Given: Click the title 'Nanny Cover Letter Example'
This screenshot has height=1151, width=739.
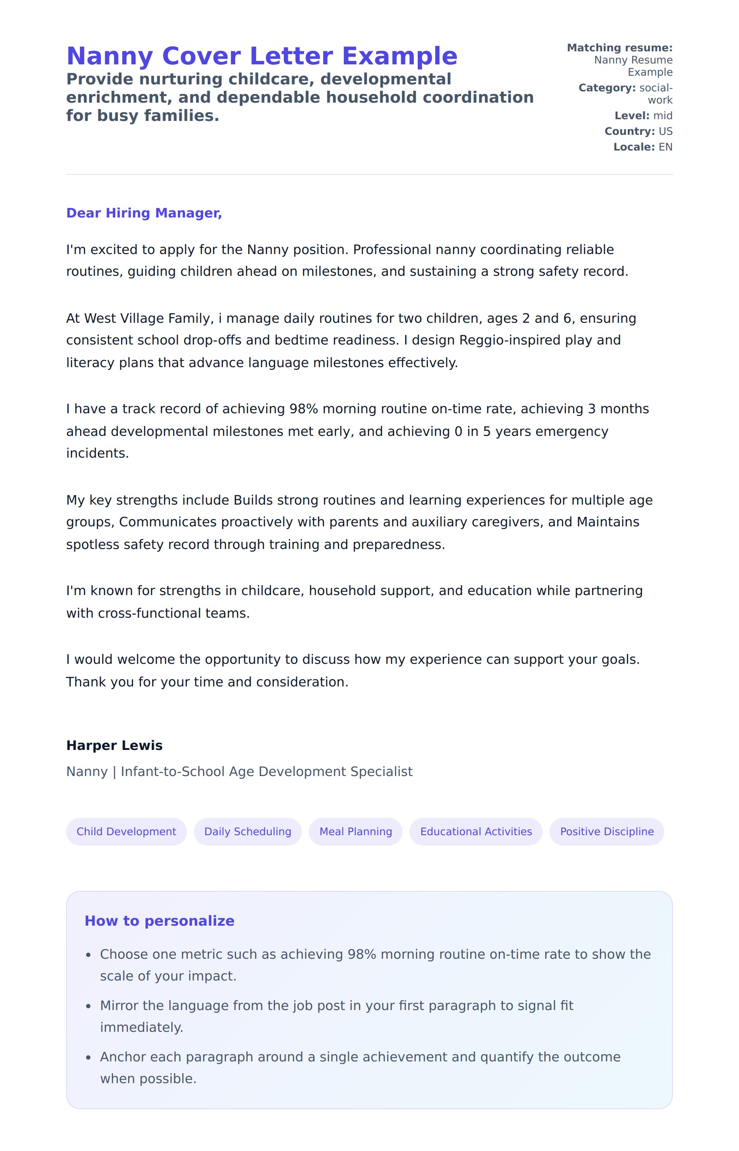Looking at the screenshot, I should (x=262, y=56).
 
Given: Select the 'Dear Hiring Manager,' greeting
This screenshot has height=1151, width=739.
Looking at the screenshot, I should (x=144, y=213).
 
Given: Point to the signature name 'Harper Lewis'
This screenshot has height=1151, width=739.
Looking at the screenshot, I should (x=114, y=745).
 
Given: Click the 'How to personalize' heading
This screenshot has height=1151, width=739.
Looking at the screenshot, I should (x=159, y=920).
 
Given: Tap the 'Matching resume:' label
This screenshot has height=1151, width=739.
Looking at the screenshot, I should (x=619, y=47).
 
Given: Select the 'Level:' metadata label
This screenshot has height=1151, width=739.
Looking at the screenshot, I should (x=632, y=116).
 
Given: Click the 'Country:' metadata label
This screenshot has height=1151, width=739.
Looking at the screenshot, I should (x=629, y=131).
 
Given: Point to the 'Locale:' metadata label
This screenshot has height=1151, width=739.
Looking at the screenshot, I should (x=633, y=147).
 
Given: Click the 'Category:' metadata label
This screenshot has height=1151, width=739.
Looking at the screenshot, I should (x=606, y=88).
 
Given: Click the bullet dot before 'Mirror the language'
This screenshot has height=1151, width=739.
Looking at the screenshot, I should (x=88, y=1006).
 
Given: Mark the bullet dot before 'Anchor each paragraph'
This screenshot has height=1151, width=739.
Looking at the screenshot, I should (x=88, y=1057).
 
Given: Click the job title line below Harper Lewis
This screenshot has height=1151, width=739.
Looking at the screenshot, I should (x=239, y=771).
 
